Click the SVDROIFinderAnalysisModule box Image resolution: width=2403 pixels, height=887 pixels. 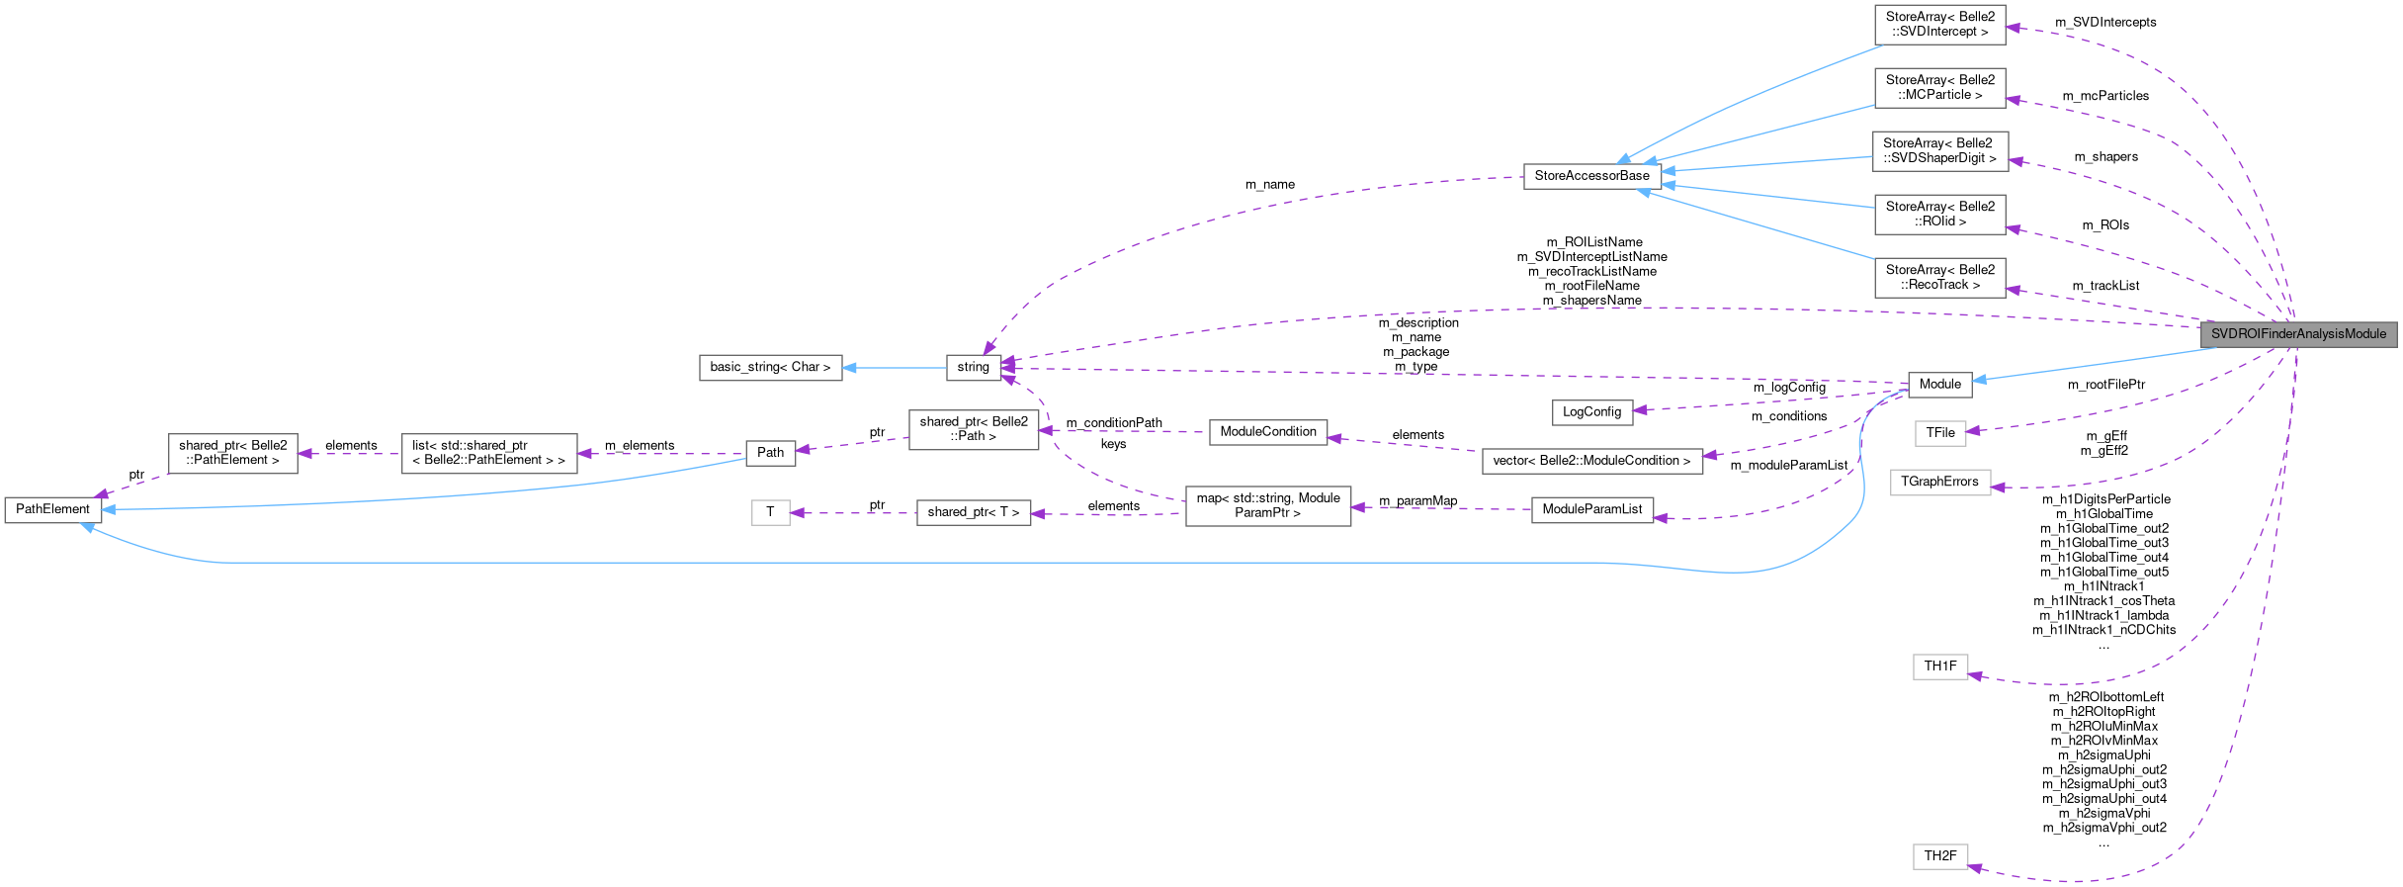click(x=2297, y=334)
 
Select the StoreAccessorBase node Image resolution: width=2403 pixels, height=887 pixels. click(x=1591, y=176)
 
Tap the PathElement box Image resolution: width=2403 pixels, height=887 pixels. click(x=52, y=509)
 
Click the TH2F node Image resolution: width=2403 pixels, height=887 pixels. click(x=1939, y=856)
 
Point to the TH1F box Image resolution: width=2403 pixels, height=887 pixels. click(x=1939, y=666)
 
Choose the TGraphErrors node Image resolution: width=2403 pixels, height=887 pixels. click(x=1939, y=482)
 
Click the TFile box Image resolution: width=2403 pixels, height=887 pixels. click(x=1939, y=433)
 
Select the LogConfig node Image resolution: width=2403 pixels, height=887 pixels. click(x=1591, y=412)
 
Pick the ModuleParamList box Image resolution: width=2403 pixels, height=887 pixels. click(x=1591, y=509)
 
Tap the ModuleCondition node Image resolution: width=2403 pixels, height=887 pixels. click(x=1268, y=432)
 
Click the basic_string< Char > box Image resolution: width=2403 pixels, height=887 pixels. click(x=770, y=367)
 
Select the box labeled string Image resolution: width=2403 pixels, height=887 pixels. click(x=973, y=367)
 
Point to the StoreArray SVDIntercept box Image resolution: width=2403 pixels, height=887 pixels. click(x=1939, y=24)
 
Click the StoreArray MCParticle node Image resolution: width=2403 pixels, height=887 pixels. click(x=1939, y=87)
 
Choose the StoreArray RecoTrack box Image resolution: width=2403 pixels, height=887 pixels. click(x=1939, y=277)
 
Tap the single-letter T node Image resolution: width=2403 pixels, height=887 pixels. click(x=770, y=512)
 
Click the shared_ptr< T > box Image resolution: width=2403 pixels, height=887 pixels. click(x=973, y=512)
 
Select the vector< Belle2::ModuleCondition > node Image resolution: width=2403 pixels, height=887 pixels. click(x=1591, y=461)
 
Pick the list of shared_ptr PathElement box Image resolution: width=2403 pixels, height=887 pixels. click(x=488, y=453)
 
